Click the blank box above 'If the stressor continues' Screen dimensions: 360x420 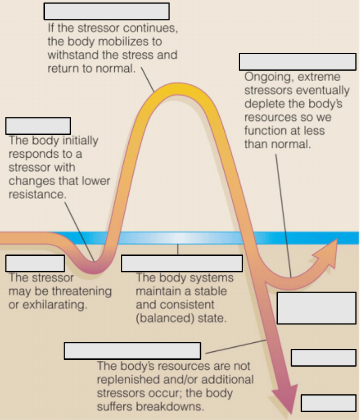click(106, 11)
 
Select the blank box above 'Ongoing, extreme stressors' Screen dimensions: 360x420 click(298, 62)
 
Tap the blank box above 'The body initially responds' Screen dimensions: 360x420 click(38, 126)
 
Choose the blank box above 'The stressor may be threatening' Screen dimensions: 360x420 click(35, 263)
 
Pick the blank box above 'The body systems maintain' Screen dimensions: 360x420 click(182, 263)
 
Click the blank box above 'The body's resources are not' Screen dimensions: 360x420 click(132, 351)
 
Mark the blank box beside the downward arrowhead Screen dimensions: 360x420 click(328, 403)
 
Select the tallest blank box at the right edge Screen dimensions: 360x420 click(316, 308)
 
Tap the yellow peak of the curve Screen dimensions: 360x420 click(178, 90)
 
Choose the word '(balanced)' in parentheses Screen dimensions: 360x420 click(165, 318)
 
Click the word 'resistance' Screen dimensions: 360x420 click(37, 194)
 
